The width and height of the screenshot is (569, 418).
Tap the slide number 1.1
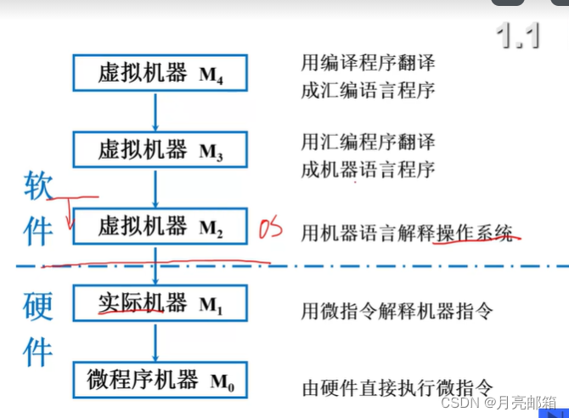(x=518, y=36)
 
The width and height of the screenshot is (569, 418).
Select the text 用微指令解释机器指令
(x=397, y=311)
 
